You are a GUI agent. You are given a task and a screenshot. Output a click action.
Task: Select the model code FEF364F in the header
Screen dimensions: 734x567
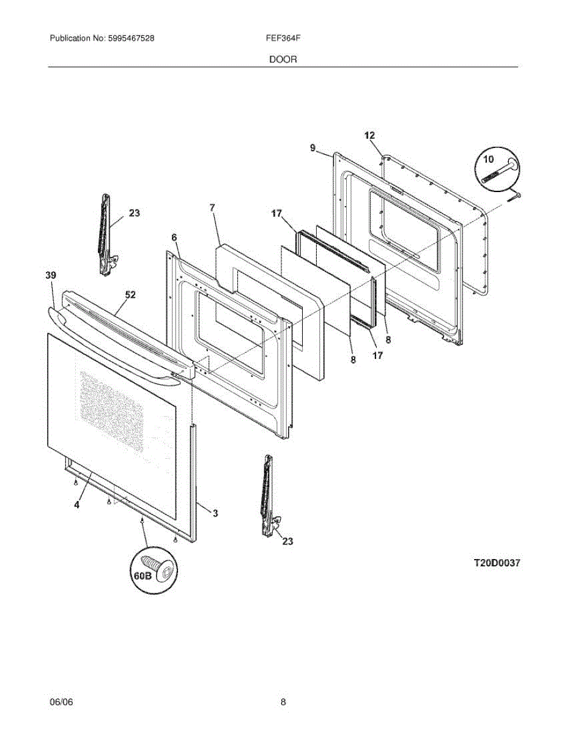(x=283, y=38)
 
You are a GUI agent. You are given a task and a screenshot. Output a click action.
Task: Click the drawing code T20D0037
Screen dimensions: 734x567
(x=496, y=563)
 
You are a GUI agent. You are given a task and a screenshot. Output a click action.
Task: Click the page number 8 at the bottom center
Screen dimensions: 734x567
(x=283, y=702)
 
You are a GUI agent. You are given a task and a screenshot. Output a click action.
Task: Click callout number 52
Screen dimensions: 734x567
(x=130, y=295)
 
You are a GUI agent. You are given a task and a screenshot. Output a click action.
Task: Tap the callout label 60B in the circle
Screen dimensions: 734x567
(x=143, y=576)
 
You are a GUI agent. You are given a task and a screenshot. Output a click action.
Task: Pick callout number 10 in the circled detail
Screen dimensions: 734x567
(x=487, y=160)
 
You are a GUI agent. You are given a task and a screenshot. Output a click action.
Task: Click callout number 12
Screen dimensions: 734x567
(x=369, y=135)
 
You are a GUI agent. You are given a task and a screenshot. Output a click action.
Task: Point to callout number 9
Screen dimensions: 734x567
(x=313, y=147)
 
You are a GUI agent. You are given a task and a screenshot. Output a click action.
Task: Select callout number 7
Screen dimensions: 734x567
(x=212, y=208)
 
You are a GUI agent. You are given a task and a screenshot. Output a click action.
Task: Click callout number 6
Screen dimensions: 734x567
(x=174, y=237)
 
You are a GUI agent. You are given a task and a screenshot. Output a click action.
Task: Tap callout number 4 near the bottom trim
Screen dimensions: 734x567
(x=76, y=505)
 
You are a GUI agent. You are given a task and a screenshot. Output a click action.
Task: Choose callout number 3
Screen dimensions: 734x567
(x=215, y=513)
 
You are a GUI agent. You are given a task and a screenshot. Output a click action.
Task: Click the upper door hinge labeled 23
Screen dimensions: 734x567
(x=106, y=235)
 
